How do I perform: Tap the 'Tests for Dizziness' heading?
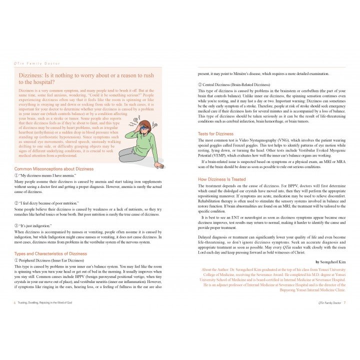[215, 134]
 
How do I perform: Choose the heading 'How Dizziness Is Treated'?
[221, 179]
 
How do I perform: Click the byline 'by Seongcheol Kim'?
[330, 261]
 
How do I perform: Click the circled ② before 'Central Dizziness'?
[200, 84]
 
